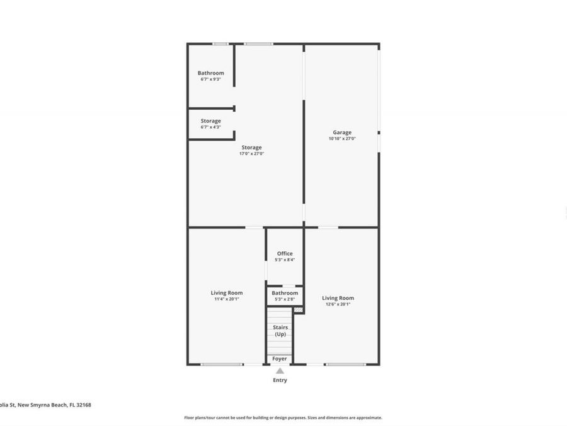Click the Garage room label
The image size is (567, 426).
(342, 133)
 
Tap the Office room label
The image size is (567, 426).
(285, 254)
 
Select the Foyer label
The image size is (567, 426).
(280, 358)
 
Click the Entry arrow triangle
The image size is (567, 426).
(280, 371)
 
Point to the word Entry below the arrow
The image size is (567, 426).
(280, 380)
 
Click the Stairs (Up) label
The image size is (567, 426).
(280, 330)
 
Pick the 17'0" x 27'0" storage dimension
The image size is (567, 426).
(251, 153)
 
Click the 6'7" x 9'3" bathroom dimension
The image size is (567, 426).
(210, 79)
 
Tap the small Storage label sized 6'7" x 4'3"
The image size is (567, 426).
(210, 121)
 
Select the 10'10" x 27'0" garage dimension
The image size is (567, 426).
(342, 139)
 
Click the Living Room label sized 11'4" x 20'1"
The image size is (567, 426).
(226, 293)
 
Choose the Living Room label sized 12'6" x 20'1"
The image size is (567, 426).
(338, 298)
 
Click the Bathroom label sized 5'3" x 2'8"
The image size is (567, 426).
(285, 293)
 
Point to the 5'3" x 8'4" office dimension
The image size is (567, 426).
(285, 260)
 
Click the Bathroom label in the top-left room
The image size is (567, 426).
(210, 73)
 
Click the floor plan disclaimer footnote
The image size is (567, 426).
(283, 417)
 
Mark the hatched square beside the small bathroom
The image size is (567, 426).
(299, 309)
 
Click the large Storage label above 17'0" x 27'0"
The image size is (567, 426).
(251, 147)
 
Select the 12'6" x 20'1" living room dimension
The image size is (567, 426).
(338, 304)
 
